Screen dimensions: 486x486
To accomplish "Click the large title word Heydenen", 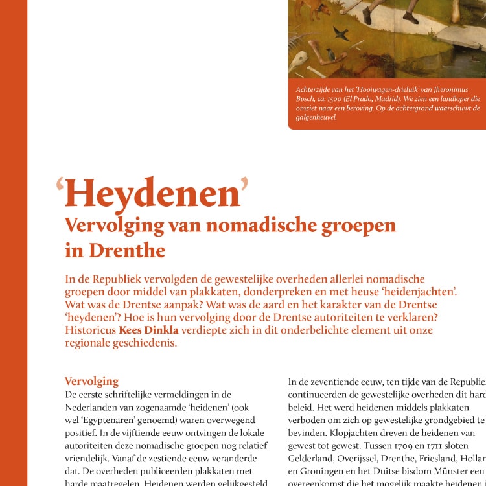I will pyautogui.click(x=152, y=193).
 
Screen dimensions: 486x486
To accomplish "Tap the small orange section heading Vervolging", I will pyautogui.click(x=91, y=381).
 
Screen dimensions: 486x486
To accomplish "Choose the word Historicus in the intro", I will pyautogui.click(x=90, y=330).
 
